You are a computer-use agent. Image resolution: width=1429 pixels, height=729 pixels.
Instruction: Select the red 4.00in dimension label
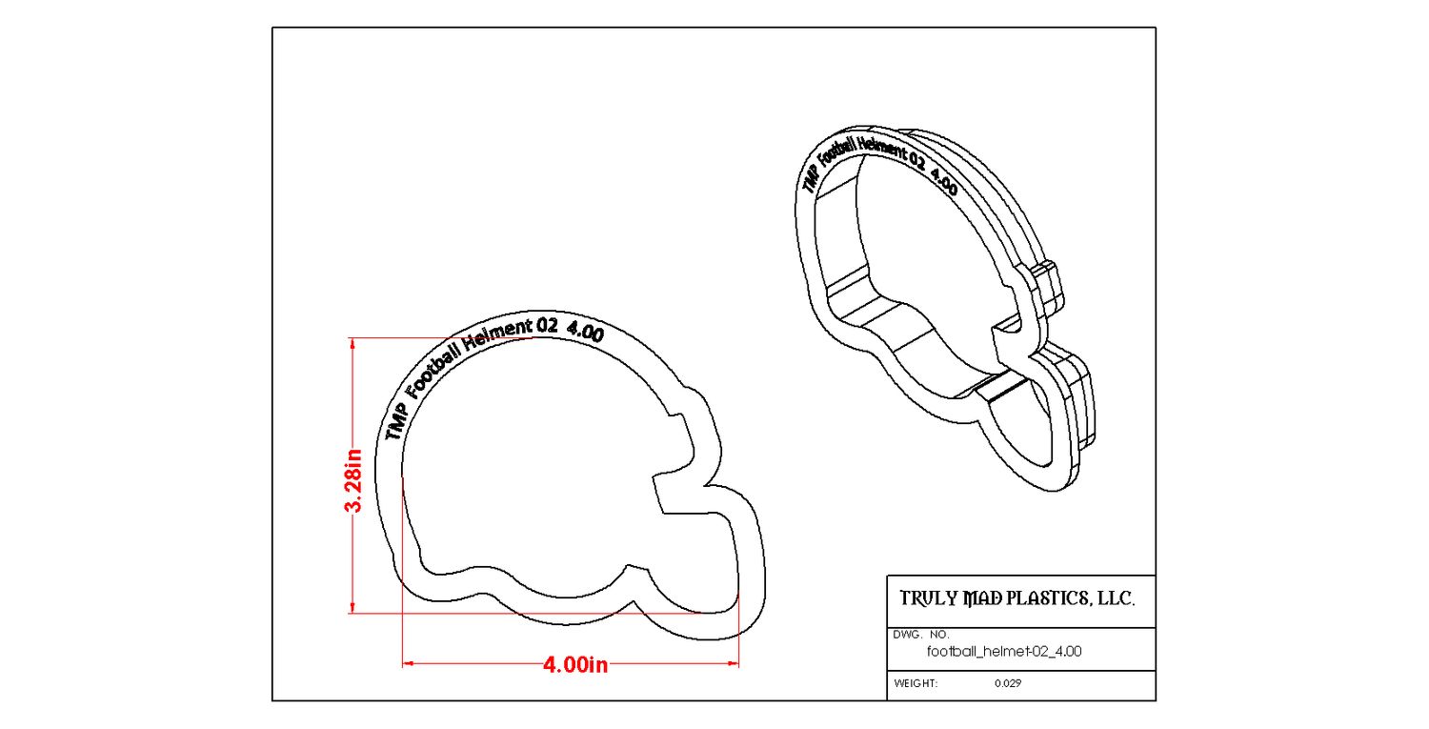coord(574,664)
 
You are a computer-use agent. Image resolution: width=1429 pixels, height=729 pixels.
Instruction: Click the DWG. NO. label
coord(921,634)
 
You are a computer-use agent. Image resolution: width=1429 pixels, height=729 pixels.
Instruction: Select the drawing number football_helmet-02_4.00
coord(1004,652)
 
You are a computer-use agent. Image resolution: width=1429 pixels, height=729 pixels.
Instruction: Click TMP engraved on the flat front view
coord(397,420)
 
